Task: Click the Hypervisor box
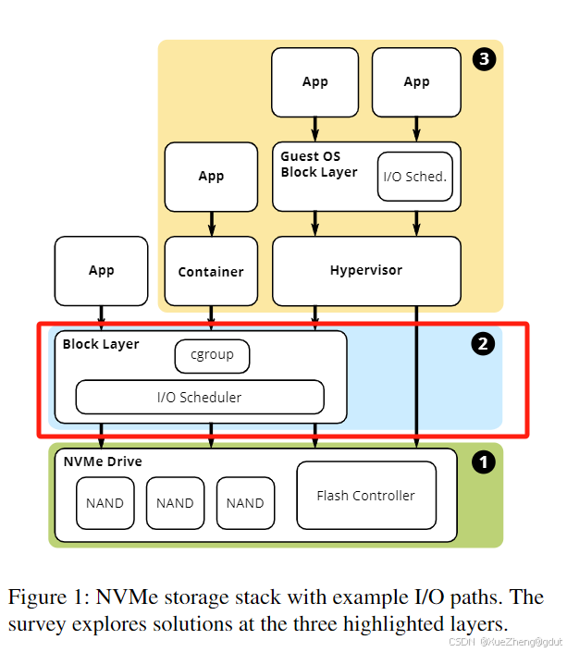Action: click(x=366, y=271)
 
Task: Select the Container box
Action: click(x=211, y=271)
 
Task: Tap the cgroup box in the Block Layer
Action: click(x=212, y=356)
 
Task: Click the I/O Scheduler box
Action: click(x=200, y=397)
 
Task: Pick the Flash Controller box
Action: click(x=366, y=495)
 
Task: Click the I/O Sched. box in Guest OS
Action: click(x=415, y=177)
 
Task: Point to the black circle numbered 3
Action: click(x=484, y=59)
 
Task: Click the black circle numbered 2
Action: click(x=483, y=344)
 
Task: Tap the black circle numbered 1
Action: click(x=484, y=462)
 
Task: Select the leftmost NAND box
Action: click(x=105, y=503)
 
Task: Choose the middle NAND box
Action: click(x=175, y=503)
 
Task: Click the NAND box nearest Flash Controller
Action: click(x=245, y=503)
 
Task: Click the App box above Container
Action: click(x=211, y=177)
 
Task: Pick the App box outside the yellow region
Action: click(x=101, y=271)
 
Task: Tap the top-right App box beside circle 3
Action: click(x=416, y=82)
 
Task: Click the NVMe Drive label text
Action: click(x=103, y=461)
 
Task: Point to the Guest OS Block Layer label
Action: click(x=319, y=165)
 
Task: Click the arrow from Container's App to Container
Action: click(x=211, y=224)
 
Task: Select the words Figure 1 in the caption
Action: click(x=46, y=597)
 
